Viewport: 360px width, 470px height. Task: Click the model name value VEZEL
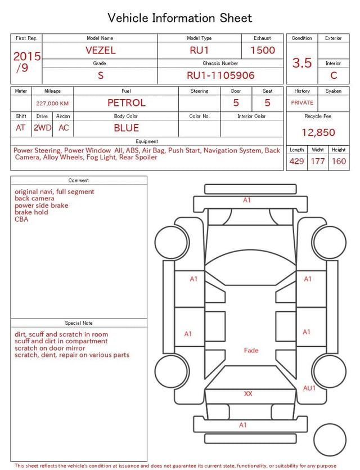point(100,50)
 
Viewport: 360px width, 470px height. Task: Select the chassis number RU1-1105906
point(220,75)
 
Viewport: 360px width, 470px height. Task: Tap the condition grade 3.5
point(302,62)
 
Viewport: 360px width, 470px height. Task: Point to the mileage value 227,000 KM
point(52,104)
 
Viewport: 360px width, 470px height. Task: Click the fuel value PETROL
point(127,103)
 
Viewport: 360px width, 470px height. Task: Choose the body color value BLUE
point(127,128)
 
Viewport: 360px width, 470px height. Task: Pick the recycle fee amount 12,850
point(318,132)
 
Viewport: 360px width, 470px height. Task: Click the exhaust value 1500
point(263,50)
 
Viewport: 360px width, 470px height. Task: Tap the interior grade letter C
point(334,75)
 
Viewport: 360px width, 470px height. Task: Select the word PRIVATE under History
point(302,102)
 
